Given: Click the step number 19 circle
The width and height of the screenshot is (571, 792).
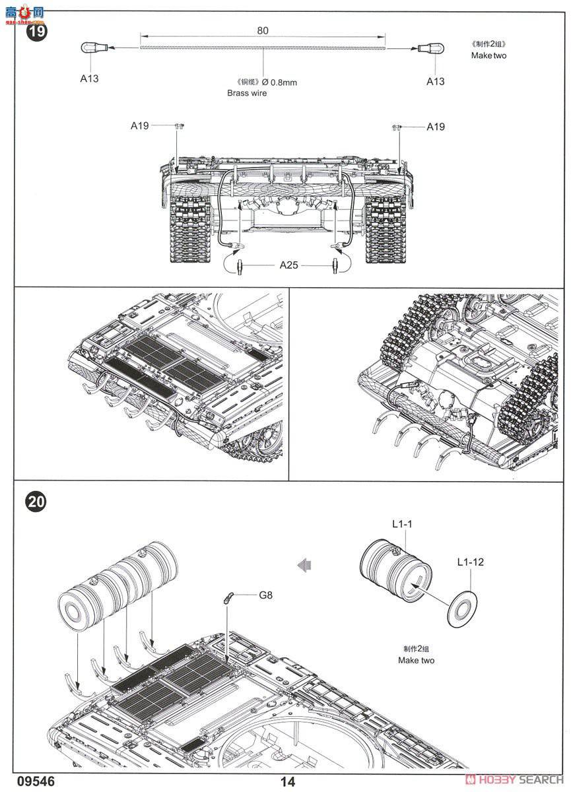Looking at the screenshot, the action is (36, 32).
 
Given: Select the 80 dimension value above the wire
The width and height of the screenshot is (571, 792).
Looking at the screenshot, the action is (262, 31).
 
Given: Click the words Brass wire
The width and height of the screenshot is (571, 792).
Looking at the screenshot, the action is (247, 93).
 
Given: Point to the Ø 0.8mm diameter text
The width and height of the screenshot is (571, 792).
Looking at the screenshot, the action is (279, 82).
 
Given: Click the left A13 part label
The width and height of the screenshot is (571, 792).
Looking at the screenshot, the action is (89, 79).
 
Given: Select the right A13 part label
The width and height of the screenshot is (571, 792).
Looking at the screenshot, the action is (435, 81).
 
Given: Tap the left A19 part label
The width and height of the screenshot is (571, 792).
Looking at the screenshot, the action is (140, 126).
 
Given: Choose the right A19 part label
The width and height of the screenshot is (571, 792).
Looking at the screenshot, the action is (436, 127).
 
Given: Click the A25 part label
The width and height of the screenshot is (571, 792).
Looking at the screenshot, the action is (288, 265).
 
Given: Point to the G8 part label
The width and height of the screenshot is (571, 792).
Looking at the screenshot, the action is (265, 595).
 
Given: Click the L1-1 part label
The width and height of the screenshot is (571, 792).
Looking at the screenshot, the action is (402, 524).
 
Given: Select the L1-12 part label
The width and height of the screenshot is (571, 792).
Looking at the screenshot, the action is (470, 562).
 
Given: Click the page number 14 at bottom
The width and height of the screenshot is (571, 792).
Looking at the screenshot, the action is (287, 781).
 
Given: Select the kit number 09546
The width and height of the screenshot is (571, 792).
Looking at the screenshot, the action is (36, 781).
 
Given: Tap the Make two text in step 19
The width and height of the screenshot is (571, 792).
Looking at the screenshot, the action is (488, 55).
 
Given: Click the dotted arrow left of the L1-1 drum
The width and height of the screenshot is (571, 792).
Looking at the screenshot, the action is (304, 566).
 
